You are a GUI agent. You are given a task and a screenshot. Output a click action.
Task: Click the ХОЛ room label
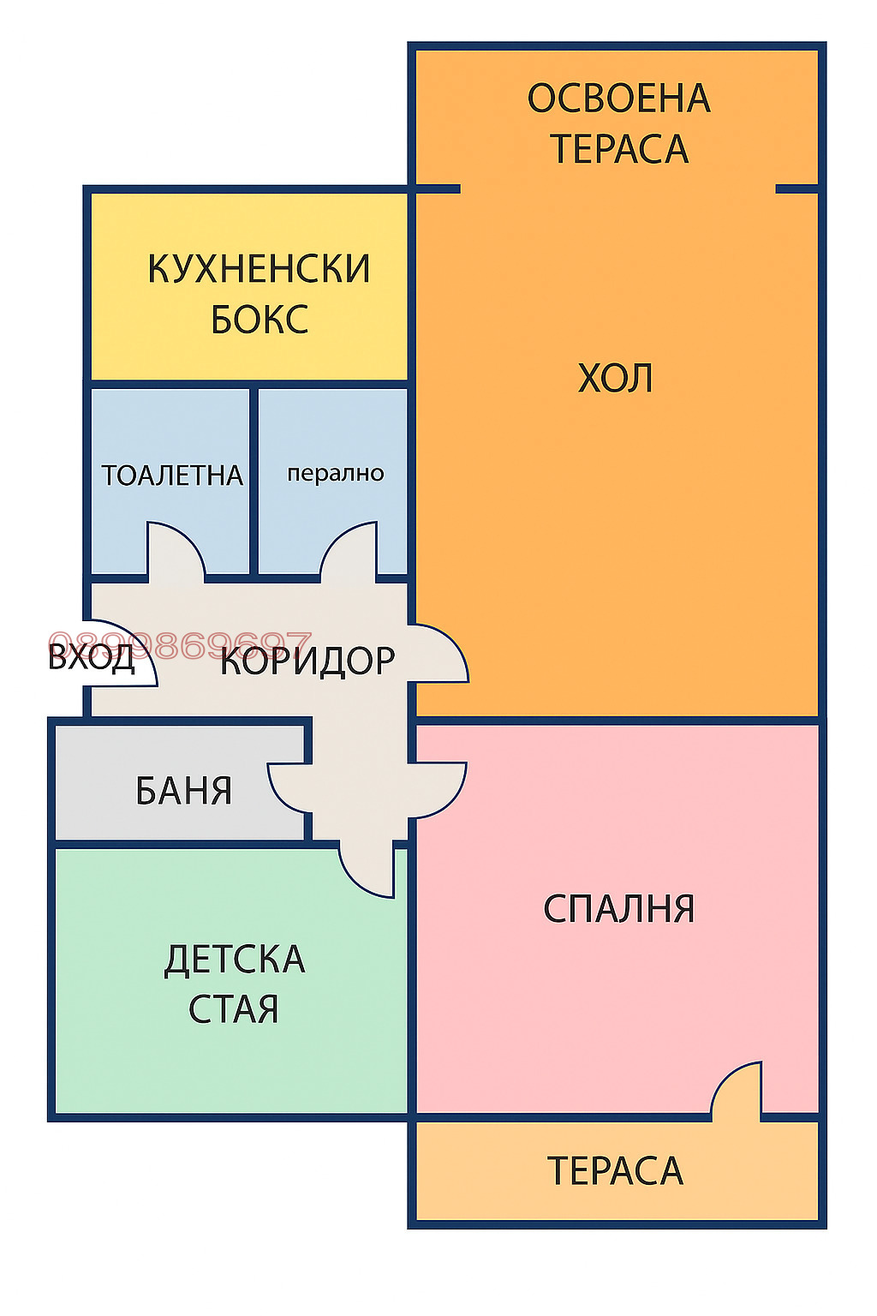(x=615, y=379)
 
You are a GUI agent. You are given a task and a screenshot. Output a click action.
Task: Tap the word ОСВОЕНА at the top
(x=618, y=99)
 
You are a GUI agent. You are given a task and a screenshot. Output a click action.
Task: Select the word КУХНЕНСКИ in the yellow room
(x=259, y=269)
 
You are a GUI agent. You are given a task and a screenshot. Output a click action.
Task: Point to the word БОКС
(x=259, y=320)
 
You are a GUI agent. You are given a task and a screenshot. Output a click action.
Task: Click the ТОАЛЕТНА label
(x=172, y=476)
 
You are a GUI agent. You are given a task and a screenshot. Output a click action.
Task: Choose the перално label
(x=335, y=474)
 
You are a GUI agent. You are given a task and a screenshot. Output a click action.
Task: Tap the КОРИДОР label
(x=307, y=661)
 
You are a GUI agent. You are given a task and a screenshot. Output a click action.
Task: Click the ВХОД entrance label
(x=91, y=658)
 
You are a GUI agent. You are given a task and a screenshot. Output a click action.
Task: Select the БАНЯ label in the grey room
(x=183, y=791)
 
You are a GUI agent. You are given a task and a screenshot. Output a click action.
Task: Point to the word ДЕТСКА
(x=235, y=960)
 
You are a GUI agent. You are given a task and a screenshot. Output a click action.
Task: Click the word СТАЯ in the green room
(x=233, y=1010)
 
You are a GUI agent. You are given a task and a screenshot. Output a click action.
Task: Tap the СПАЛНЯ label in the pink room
(x=618, y=909)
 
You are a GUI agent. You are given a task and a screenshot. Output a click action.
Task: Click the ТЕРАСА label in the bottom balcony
(x=615, y=1171)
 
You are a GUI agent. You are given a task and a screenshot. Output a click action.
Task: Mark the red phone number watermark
(x=180, y=643)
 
